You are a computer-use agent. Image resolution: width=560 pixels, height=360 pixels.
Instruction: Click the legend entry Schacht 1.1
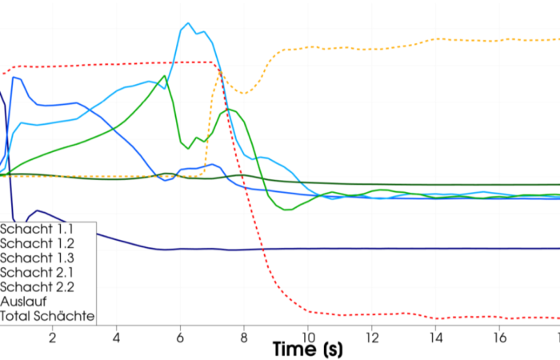click(x=37, y=228)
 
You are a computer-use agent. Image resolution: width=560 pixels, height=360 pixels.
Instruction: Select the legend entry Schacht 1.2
click(x=38, y=242)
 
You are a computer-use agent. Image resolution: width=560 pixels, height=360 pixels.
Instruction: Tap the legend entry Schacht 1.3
click(x=38, y=258)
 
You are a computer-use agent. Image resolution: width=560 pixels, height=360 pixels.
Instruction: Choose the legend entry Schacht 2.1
click(x=38, y=272)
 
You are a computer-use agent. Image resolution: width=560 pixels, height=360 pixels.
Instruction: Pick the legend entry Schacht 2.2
click(x=38, y=286)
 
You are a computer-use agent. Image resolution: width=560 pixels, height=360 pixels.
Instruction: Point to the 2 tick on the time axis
click(x=53, y=338)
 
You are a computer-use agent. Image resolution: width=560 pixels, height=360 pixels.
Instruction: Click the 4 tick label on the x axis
click(x=117, y=338)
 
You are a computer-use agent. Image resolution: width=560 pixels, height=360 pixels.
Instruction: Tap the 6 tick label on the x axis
click(x=180, y=338)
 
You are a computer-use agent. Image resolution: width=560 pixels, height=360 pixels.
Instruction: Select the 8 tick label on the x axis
click(x=244, y=338)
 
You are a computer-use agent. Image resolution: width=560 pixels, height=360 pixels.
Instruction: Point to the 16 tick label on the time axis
click(x=498, y=338)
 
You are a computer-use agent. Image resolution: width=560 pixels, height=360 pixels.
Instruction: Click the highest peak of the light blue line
click(x=188, y=23)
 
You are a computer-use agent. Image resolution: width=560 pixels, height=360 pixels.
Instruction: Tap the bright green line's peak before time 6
click(x=165, y=76)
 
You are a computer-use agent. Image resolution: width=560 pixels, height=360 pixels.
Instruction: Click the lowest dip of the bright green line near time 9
click(x=286, y=210)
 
